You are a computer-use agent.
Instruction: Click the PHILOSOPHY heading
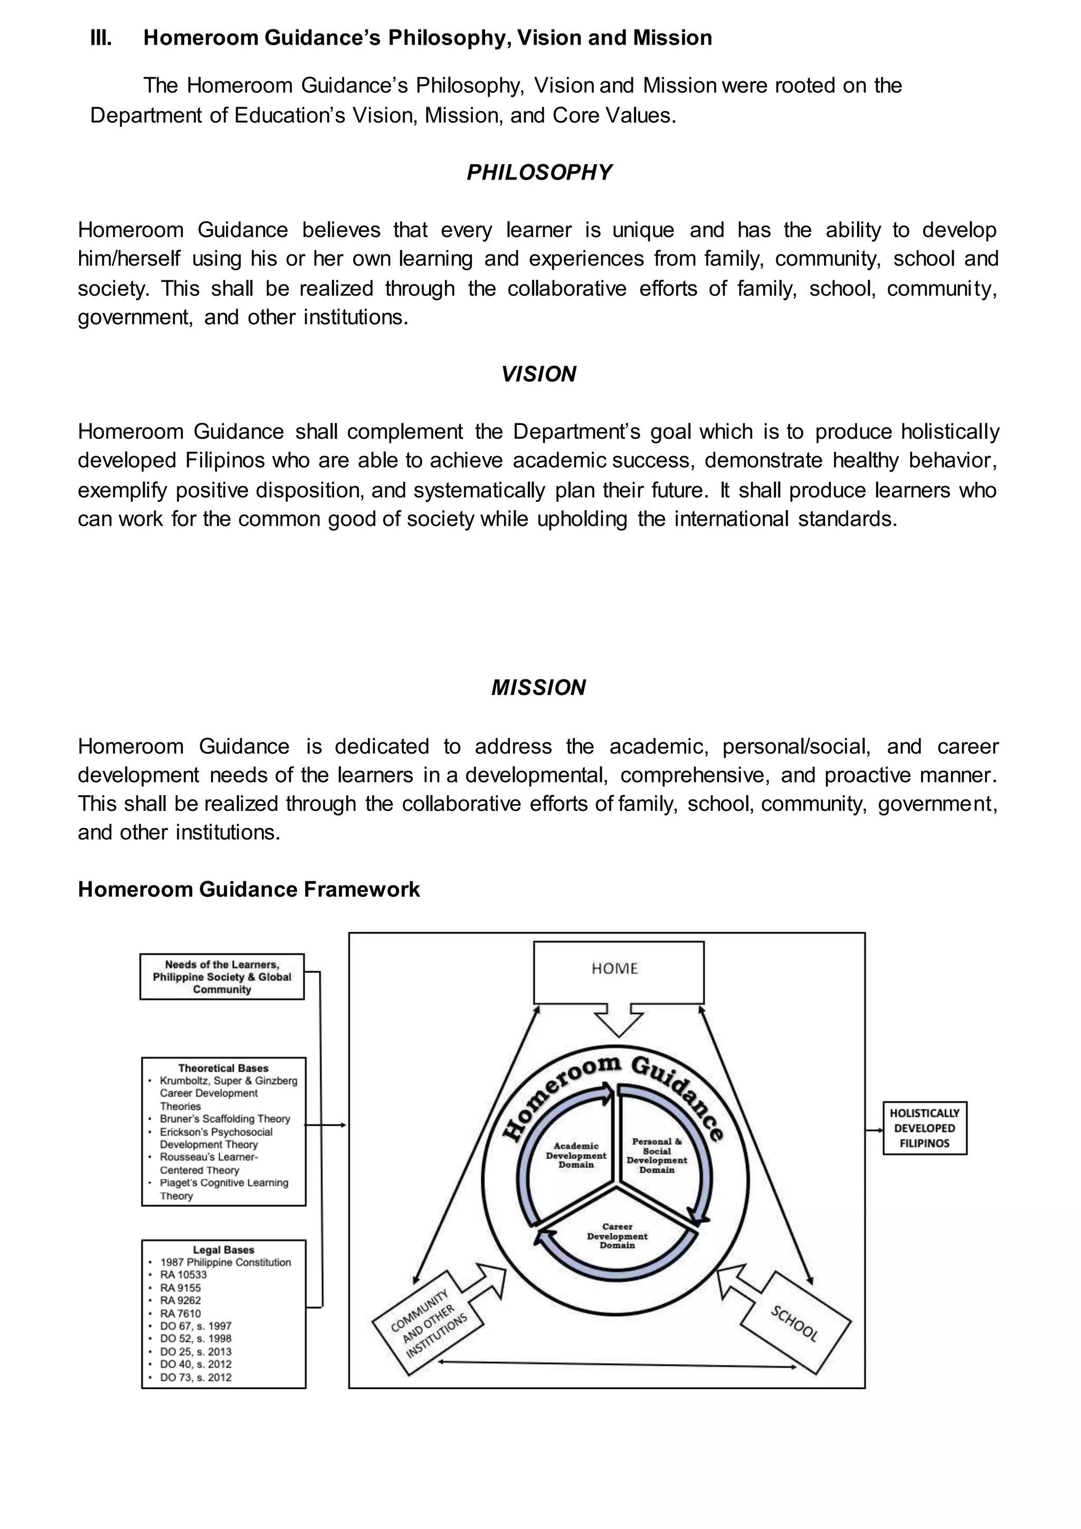pos(539,173)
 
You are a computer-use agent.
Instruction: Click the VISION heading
pos(538,374)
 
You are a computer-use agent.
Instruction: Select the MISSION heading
pos(538,687)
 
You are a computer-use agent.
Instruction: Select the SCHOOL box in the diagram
pos(795,1323)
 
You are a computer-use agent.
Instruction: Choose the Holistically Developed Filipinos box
pos(925,1128)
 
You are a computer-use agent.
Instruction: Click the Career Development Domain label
pos(617,1235)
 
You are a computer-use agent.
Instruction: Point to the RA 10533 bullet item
pos(184,1275)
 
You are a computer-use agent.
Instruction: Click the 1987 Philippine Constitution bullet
pos(225,1262)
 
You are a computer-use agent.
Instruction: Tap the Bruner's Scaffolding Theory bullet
pos(224,1119)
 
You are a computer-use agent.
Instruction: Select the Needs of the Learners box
pos(222,976)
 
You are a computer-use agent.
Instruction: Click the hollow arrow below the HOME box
pos(619,1020)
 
